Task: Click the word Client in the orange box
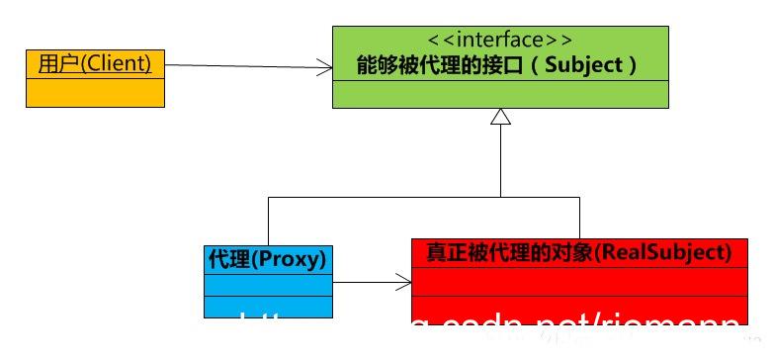click(120, 64)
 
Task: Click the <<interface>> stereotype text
click(500, 41)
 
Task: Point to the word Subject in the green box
click(585, 66)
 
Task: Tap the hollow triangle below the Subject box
click(500, 118)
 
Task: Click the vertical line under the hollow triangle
click(500, 163)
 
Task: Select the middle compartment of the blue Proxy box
click(268, 284)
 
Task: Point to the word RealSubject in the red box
click(677, 252)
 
